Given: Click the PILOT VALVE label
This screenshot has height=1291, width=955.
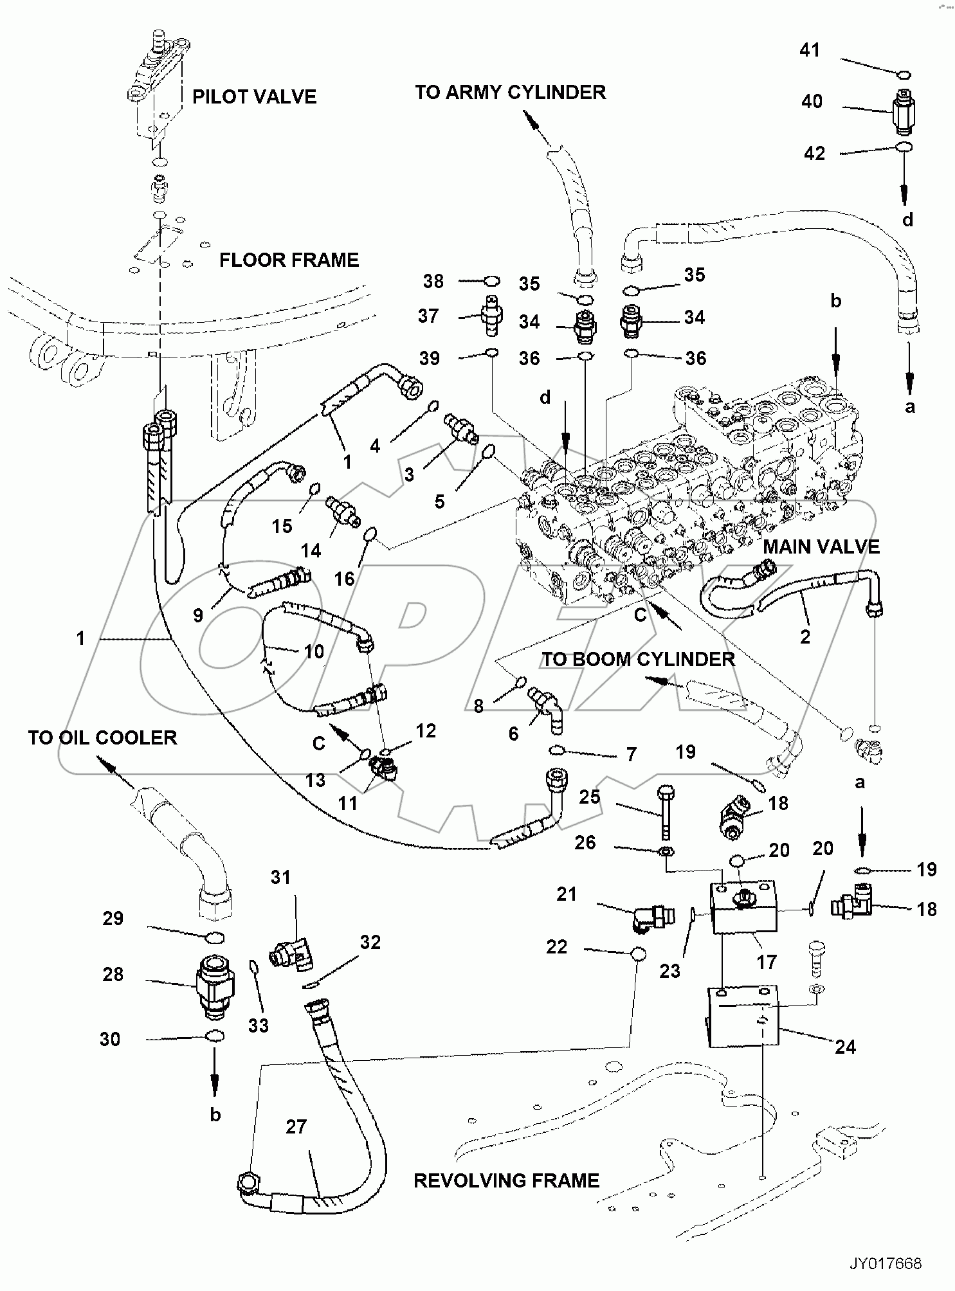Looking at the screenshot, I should (x=254, y=97).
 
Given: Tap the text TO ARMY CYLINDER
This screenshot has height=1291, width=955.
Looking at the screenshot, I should (x=510, y=93).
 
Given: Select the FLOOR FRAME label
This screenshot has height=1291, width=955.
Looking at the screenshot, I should (x=289, y=260).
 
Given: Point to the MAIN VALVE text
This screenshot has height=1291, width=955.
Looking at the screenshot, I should (x=821, y=547).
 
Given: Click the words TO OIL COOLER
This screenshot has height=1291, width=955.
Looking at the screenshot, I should (x=102, y=737).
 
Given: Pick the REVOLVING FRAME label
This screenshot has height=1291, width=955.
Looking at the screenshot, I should (x=506, y=1181).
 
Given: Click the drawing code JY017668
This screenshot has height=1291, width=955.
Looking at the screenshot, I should (x=886, y=1264).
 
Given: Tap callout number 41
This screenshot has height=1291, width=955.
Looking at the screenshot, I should (x=810, y=50).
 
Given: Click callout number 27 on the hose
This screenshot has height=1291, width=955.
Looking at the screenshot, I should (x=296, y=1127).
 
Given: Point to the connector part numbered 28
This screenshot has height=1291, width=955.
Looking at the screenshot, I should (x=215, y=988).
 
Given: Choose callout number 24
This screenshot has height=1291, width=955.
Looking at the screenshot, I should (x=845, y=1047).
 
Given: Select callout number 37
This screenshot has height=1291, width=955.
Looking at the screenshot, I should (x=429, y=316).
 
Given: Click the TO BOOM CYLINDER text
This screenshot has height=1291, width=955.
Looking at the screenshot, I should (x=638, y=660).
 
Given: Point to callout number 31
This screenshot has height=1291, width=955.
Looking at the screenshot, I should (x=281, y=878).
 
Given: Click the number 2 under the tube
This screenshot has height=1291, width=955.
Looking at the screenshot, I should (x=805, y=637).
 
